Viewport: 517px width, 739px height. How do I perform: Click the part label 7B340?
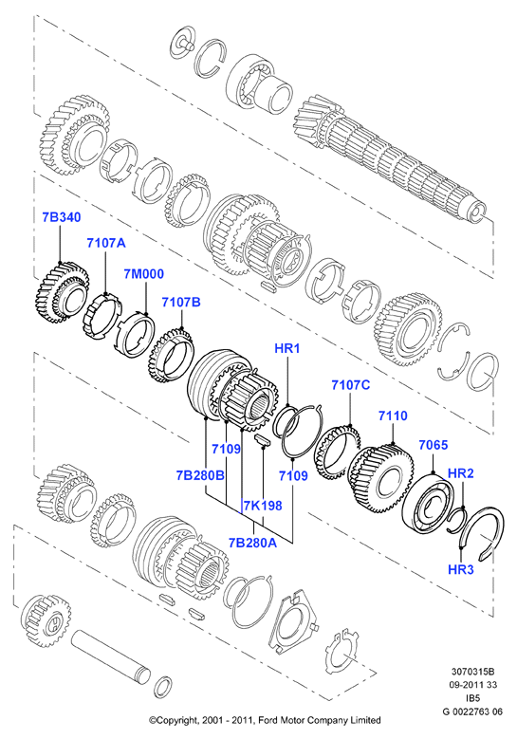point(62,217)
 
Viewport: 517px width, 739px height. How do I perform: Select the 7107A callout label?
point(106,243)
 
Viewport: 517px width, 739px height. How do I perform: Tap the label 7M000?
point(144,274)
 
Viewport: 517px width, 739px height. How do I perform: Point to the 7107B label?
point(181,302)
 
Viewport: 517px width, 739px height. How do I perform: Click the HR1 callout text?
point(287,349)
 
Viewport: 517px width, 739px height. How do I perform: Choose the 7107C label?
point(351,385)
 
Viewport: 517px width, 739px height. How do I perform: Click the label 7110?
point(393,416)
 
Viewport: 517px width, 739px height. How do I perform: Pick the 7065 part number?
point(434,444)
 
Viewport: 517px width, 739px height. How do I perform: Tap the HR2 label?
point(460,473)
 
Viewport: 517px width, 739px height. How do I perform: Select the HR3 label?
point(460,570)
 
